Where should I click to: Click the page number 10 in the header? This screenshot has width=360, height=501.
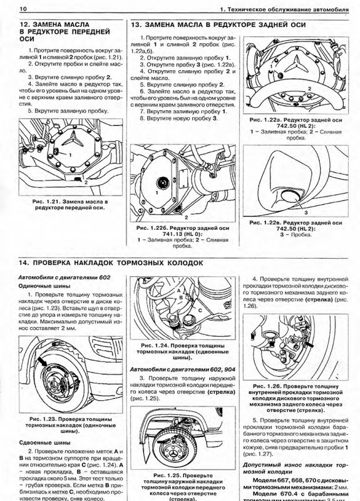coord(23,9)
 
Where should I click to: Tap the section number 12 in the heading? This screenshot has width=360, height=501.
coord(24,24)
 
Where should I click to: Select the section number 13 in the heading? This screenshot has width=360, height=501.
coord(136,25)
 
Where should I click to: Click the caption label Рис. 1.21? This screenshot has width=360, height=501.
coord(46,202)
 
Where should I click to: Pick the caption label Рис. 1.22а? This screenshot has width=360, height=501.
coord(265,120)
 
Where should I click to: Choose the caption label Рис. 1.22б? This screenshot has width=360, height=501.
coord(152,228)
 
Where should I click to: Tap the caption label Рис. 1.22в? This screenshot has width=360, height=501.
coord(265,222)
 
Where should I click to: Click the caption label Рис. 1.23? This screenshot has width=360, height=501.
coord(43,419)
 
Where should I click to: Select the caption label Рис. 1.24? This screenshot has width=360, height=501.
coord(155,346)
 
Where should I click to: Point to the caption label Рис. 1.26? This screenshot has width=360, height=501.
coord(267,386)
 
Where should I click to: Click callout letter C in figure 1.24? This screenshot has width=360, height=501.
coord(200,310)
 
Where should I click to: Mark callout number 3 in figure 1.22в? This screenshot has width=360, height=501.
coord(306,212)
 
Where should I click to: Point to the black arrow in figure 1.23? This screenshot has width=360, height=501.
coord(43,362)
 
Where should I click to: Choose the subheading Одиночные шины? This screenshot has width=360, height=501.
coord(44,286)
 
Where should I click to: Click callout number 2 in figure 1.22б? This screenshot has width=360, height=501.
coord(186,217)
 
